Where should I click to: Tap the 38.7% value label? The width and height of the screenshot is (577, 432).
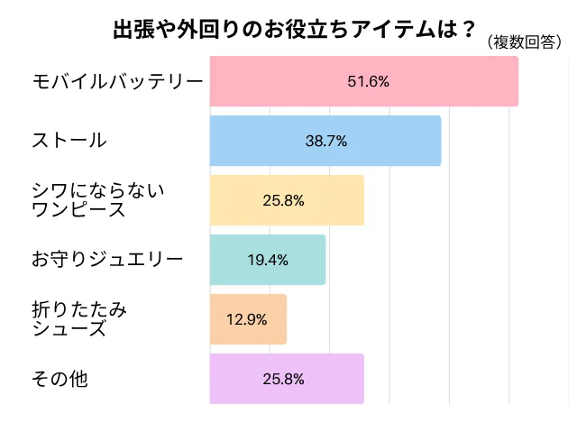click(326, 141)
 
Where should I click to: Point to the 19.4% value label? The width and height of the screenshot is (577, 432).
click(268, 260)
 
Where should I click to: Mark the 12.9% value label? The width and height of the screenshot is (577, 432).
click(248, 319)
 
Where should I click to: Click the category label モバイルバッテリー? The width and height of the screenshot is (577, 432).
click(117, 81)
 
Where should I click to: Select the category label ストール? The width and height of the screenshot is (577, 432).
click(69, 141)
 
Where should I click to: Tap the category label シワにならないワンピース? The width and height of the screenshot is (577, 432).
click(99, 199)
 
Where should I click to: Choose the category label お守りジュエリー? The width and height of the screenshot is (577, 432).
click(107, 260)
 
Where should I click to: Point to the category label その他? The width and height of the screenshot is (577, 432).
click(60, 379)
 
